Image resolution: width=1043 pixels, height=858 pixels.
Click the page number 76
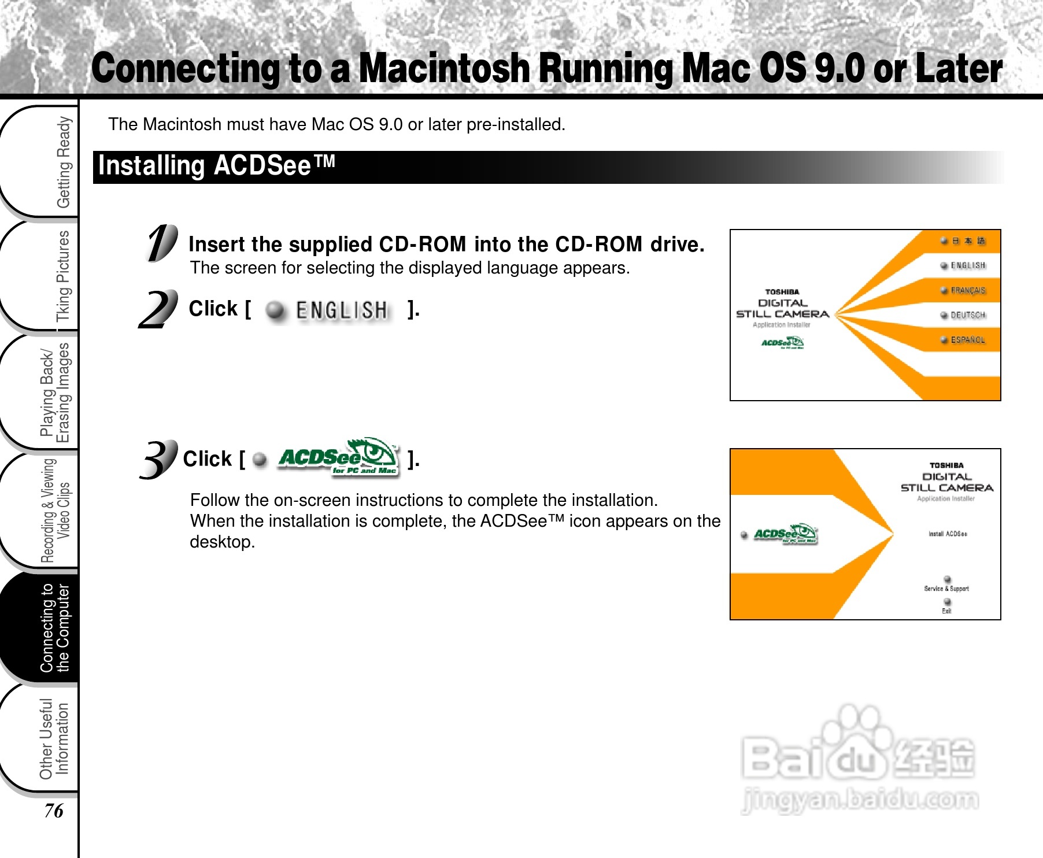(x=54, y=811)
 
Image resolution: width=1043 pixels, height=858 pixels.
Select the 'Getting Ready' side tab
(x=62, y=162)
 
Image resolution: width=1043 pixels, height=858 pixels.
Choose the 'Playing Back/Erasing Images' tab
(x=55, y=393)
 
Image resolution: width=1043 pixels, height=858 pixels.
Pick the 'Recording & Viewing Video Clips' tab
(x=55, y=510)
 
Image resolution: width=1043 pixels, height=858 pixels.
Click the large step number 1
(x=161, y=243)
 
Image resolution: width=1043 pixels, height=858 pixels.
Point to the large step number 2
(x=158, y=309)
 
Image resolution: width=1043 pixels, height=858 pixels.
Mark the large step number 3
(x=158, y=460)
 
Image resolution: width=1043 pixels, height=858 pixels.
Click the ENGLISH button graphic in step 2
(x=329, y=310)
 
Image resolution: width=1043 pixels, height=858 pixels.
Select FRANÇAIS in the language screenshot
(x=967, y=290)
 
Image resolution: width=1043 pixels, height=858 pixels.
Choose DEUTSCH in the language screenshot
(x=967, y=315)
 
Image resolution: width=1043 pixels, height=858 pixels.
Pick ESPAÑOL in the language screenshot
(x=967, y=340)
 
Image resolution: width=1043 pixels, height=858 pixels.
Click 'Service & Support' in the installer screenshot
(x=946, y=588)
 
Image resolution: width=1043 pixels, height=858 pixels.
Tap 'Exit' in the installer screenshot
(x=946, y=611)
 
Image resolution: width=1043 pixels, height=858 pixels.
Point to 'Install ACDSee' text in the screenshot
(x=948, y=534)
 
